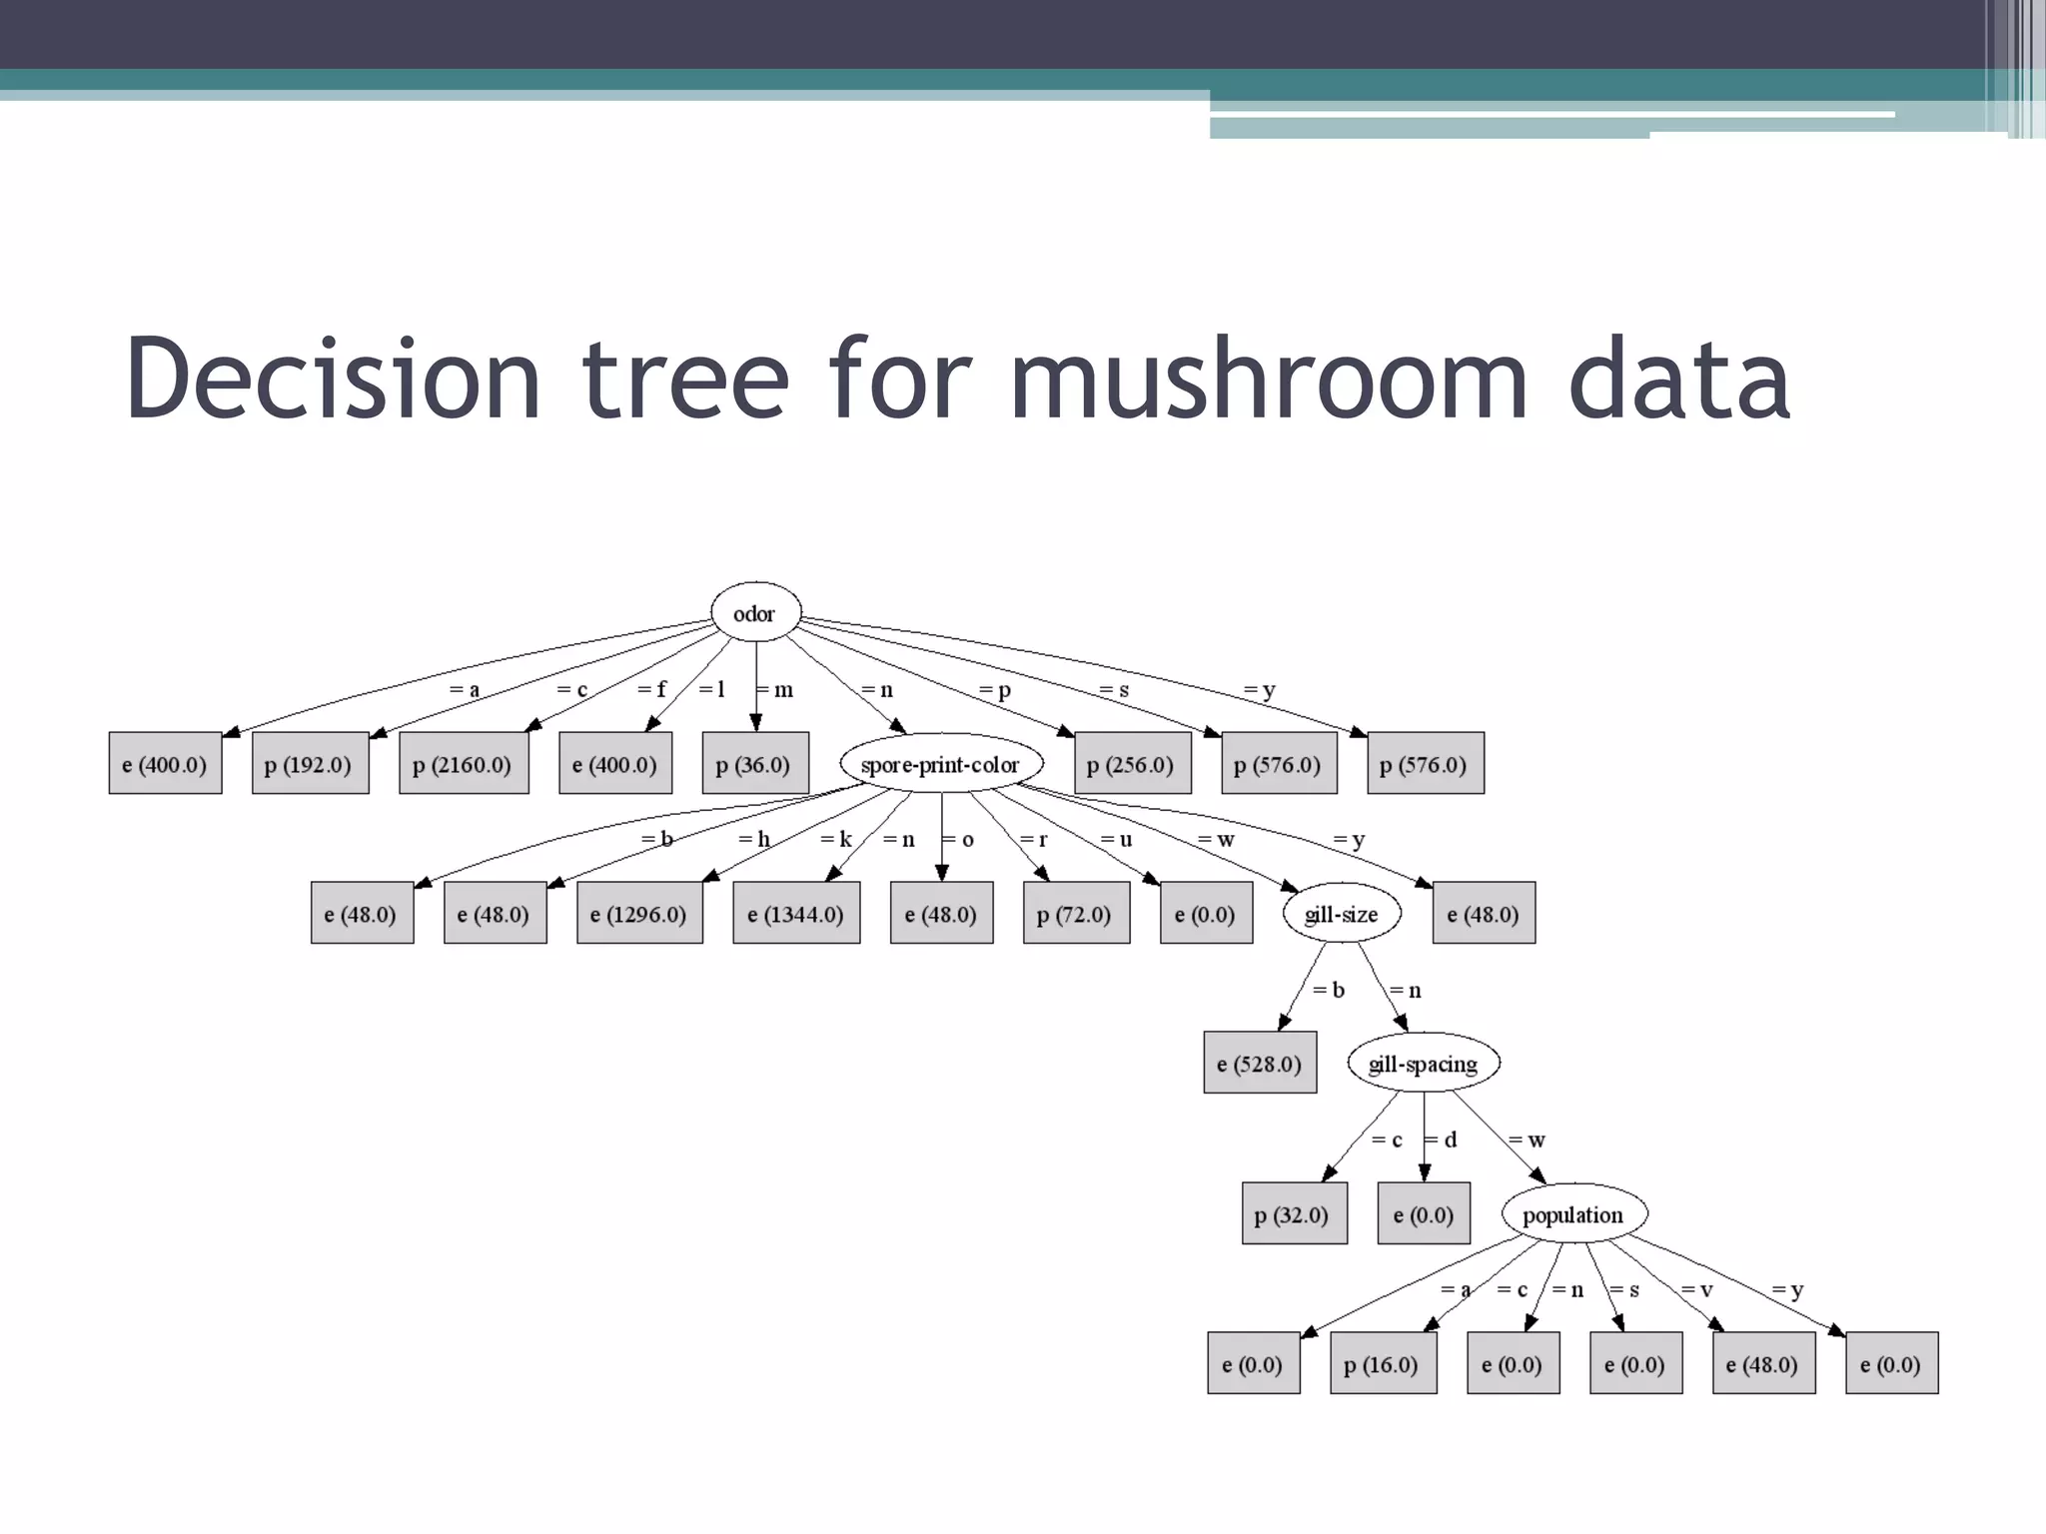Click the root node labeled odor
point(755,612)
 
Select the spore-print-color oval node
point(940,764)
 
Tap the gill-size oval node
point(1341,913)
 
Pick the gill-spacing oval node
point(1423,1064)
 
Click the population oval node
point(1573,1214)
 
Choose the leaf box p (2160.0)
point(463,764)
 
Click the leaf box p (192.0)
point(310,764)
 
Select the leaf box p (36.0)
point(754,764)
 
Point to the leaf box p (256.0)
point(1132,764)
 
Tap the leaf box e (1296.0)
point(639,913)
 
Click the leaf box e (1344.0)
point(796,913)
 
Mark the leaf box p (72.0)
point(1076,913)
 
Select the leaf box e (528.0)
point(1260,1064)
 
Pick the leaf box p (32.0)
point(1294,1214)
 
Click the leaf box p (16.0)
point(1383,1364)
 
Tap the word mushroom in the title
point(1269,380)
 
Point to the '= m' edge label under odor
point(775,689)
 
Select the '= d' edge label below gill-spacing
point(1442,1140)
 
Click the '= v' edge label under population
point(1697,1289)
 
